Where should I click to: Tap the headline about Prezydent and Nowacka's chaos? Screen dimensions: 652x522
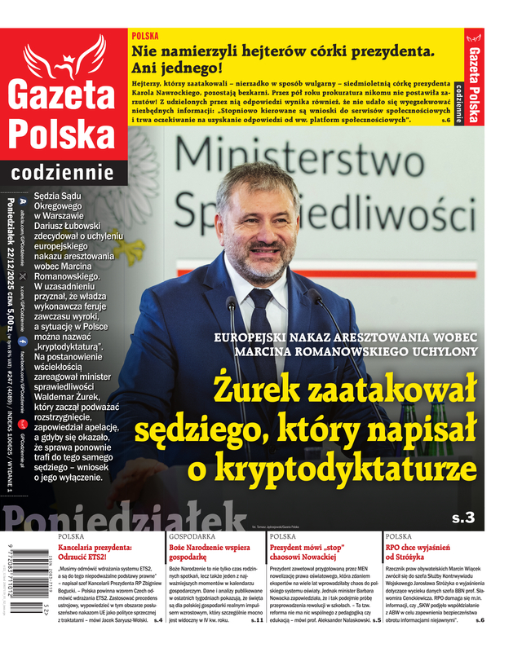coord(321,553)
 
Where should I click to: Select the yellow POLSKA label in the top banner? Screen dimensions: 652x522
coord(144,37)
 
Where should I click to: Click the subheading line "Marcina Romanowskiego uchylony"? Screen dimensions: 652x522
coord(355,350)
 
